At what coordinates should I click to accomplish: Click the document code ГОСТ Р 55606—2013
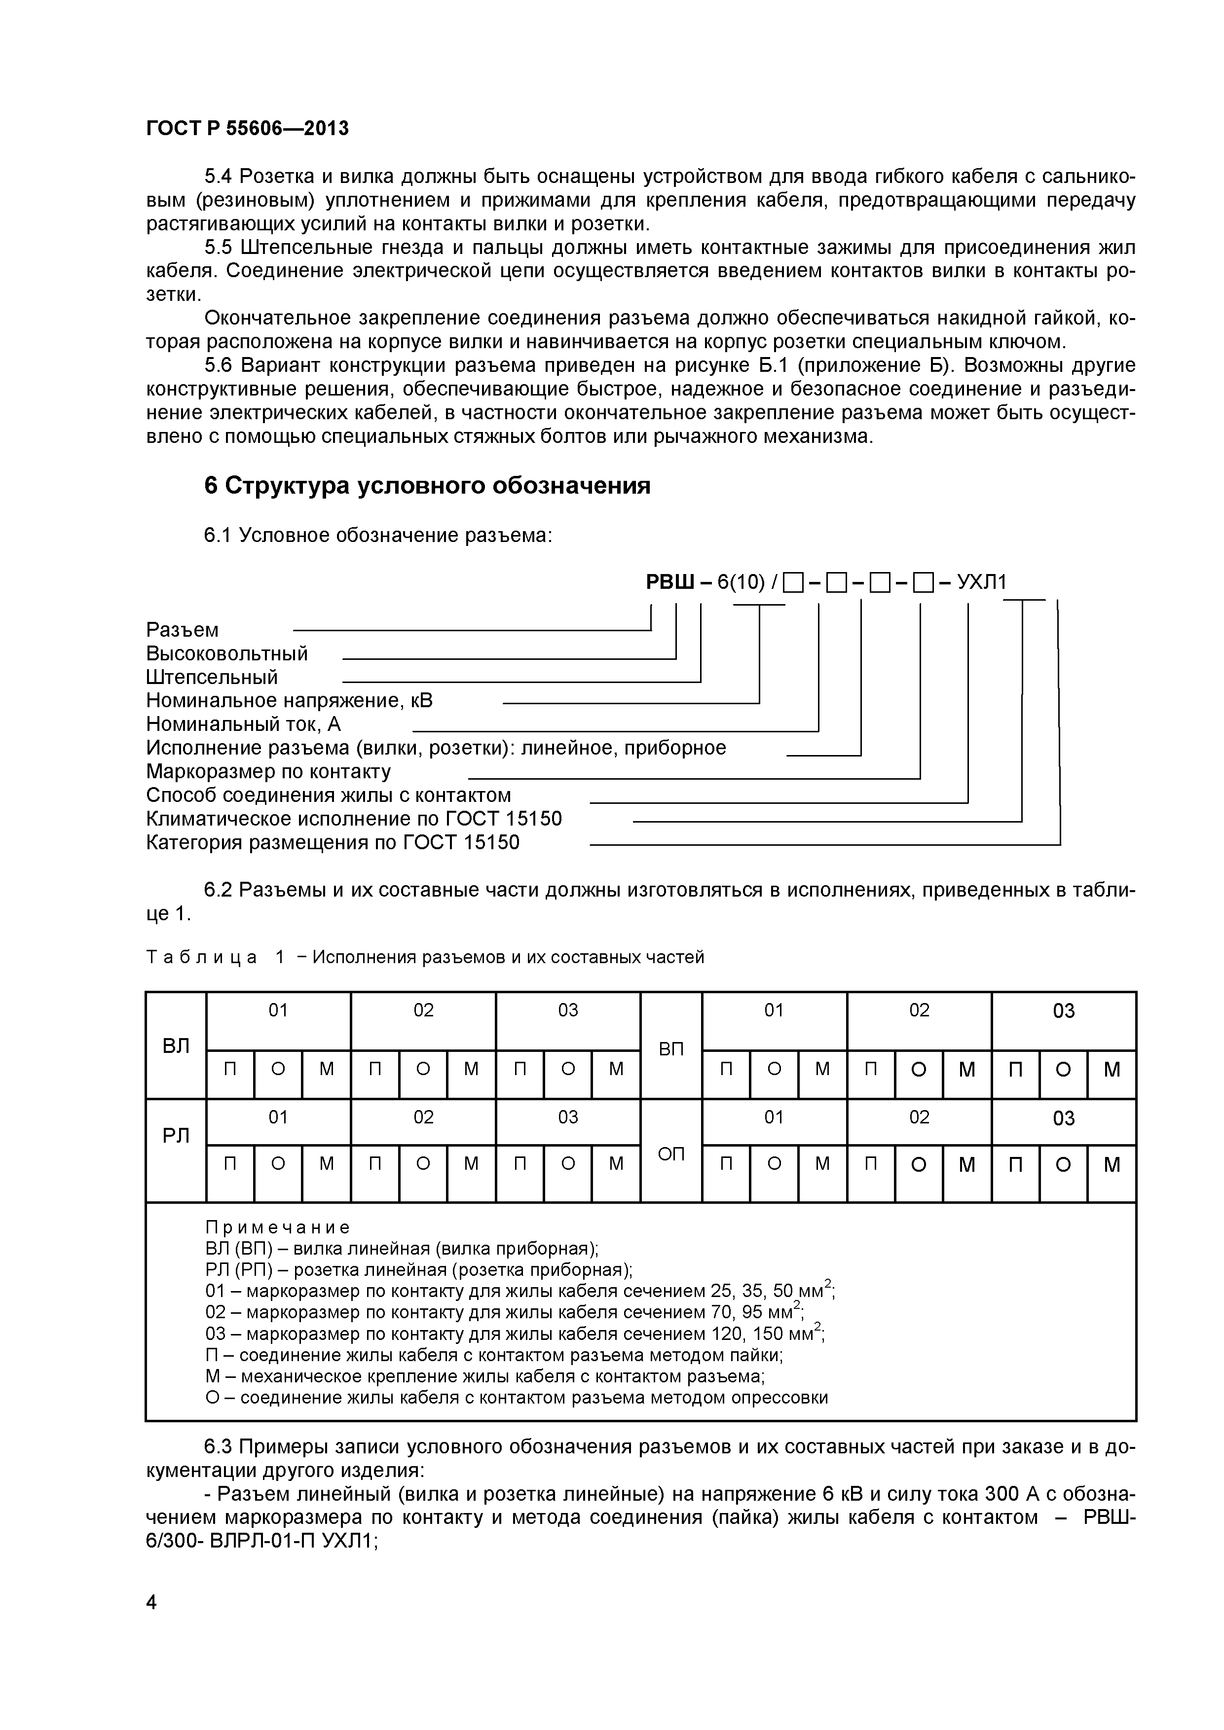pyautogui.click(x=247, y=129)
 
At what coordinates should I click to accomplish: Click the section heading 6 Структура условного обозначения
pyautogui.click(x=427, y=486)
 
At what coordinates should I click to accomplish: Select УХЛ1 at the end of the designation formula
pyautogui.click(x=981, y=582)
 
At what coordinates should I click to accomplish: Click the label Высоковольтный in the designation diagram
pyautogui.click(x=227, y=653)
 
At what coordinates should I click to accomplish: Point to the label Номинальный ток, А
pyautogui.click(x=243, y=724)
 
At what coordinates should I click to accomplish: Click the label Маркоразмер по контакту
pyautogui.click(x=268, y=772)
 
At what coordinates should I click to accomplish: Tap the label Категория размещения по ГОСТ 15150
pyautogui.click(x=333, y=842)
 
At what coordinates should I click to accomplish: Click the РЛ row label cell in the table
pyautogui.click(x=176, y=1136)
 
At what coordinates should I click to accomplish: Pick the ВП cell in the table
pyautogui.click(x=671, y=1048)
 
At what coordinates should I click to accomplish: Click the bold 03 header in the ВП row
pyautogui.click(x=1064, y=1011)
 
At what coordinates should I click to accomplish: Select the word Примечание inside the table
pyautogui.click(x=277, y=1228)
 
